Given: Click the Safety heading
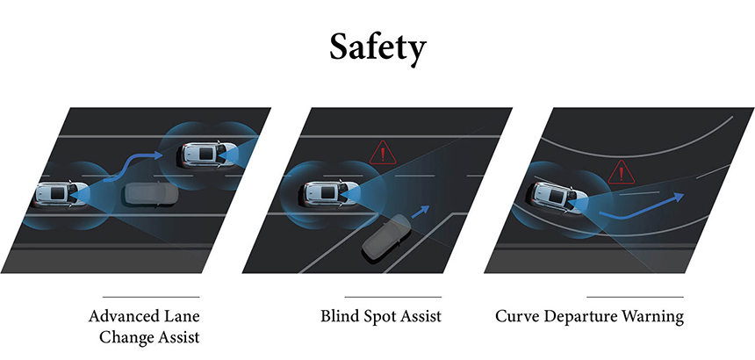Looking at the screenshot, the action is pyautogui.click(x=378, y=48).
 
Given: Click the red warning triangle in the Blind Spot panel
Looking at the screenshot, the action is pyautogui.click(x=383, y=153).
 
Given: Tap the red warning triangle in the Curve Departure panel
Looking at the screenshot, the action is pyautogui.click(x=622, y=172).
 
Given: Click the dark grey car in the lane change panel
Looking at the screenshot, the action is pyautogui.click(x=151, y=194).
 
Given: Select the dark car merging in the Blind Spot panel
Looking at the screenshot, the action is pyautogui.click(x=386, y=238).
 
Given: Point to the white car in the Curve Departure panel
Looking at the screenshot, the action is pyautogui.click(x=560, y=197).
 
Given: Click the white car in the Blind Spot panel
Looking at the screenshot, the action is pyautogui.click(x=332, y=194).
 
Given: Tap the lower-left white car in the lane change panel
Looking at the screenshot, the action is pyautogui.click(x=62, y=194).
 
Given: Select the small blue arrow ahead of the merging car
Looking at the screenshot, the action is pyautogui.click(x=421, y=211).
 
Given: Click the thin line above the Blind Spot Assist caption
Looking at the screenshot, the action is pyautogui.click(x=393, y=297).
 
